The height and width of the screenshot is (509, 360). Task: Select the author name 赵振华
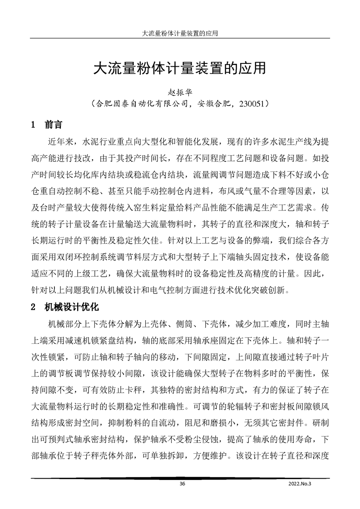coord(180,92)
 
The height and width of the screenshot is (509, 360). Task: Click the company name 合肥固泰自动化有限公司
coord(140,103)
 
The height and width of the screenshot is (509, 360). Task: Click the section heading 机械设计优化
coord(71,307)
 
